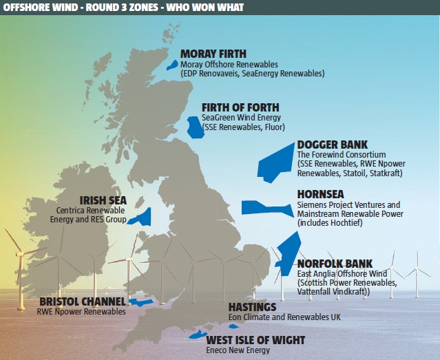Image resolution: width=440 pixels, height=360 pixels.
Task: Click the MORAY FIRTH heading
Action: click(x=213, y=54)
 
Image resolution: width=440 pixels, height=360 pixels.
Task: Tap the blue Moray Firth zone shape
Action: click(x=172, y=65)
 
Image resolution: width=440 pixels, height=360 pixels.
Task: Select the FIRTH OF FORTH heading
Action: click(x=240, y=107)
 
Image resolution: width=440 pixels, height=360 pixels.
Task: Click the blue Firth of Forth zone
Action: click(x=196, y=127)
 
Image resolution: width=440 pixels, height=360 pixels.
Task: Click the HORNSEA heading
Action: click(x=320, y=194)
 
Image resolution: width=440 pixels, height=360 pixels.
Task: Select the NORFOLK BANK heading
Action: click(x=335, y=264)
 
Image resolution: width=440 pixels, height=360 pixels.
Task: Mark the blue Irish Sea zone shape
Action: click(x=144, y=218)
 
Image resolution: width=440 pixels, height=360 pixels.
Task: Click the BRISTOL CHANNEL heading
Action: click(x=83, y=301)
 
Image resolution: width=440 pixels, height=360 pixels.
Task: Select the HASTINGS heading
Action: click(x=252, y=307)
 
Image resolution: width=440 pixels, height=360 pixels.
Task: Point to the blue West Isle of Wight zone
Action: click(x=197, y=334)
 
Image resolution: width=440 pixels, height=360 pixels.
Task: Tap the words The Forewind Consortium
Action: click(x=342, y=155)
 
